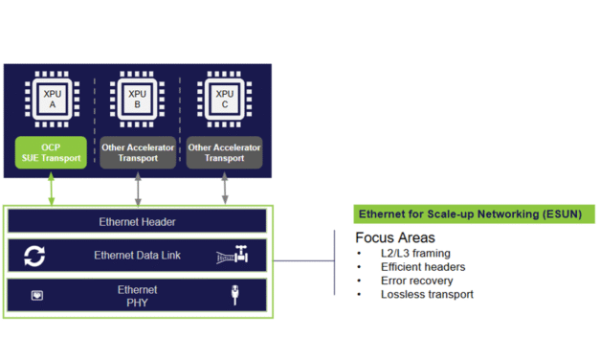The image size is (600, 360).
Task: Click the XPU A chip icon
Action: click(x=51, y=100)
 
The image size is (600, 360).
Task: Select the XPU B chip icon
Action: click(x=138, y=100)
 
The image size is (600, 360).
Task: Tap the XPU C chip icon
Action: click(x=225, y=100)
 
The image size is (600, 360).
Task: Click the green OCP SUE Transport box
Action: click(x=51, y=152)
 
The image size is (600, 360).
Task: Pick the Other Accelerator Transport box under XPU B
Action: click(x=138, y=152)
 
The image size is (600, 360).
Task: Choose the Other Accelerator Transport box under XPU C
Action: click(x=225, y=152)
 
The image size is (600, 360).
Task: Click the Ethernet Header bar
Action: click(x=137, y=222)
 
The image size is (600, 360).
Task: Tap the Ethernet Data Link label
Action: click(x=137, y=256)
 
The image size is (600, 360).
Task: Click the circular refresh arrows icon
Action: click(x=35, y=257)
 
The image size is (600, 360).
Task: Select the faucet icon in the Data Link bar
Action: click(x=233, y=257)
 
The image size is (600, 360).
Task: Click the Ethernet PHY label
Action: click(x=137, y=296)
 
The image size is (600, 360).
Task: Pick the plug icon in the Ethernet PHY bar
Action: click(x=234, y=296)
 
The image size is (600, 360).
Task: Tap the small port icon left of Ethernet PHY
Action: click(x=37, y=296)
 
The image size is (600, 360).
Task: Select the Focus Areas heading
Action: click(x=394, y=237)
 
